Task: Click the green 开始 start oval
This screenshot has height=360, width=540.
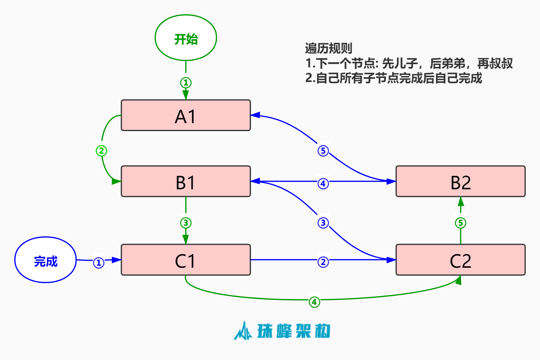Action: pyautogui.click(x=186, y=38)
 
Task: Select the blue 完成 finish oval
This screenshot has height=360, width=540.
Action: pyautogui.click(x=46, y=260)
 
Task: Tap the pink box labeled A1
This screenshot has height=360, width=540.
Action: pyautogui.click(x=186, y=115)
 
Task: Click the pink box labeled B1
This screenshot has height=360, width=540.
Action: pyautogui.click(x=186, y=181)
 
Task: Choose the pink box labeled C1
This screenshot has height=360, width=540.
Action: pyautogui.click(x=186, y=260)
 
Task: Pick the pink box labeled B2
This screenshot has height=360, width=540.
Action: pyautogui.click(x=460, y=181)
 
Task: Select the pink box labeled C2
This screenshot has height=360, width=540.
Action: pyautogui.click(x=460, y=260)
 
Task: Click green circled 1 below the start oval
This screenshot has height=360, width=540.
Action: pyautogui.click(x=186, y=83)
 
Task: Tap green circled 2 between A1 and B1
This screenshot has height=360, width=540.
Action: pyautogui.click(x=101, y=151)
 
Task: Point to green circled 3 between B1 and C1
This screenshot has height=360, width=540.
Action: pyautogui.click(x=186, y=223)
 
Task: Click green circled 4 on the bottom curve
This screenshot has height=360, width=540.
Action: pyautogui.click(x=314, y=302)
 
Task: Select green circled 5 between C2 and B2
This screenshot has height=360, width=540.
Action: pyautogui.click(x=460, y=223)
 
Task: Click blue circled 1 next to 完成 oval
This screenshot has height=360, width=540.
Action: pyautogui.click(x=99, y=263)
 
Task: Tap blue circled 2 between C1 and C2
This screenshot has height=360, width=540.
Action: pyautogui.click(x=323, y=262)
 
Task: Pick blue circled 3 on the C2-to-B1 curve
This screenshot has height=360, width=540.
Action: pyautogui.click(x=323, y=223)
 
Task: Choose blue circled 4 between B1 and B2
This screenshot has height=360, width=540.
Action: pyautogui.click(x=323, y=184)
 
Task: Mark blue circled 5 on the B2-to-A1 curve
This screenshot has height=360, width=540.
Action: pyautogui.click(x=323, y=151)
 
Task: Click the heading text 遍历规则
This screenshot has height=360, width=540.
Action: pyautogui.click(x=329, y=48)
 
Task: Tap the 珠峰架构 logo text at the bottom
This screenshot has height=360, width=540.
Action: pyautogui.click(x=293, y=331)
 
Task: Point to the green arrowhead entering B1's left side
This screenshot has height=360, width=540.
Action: pyautogui.click(x=116, y=181)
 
